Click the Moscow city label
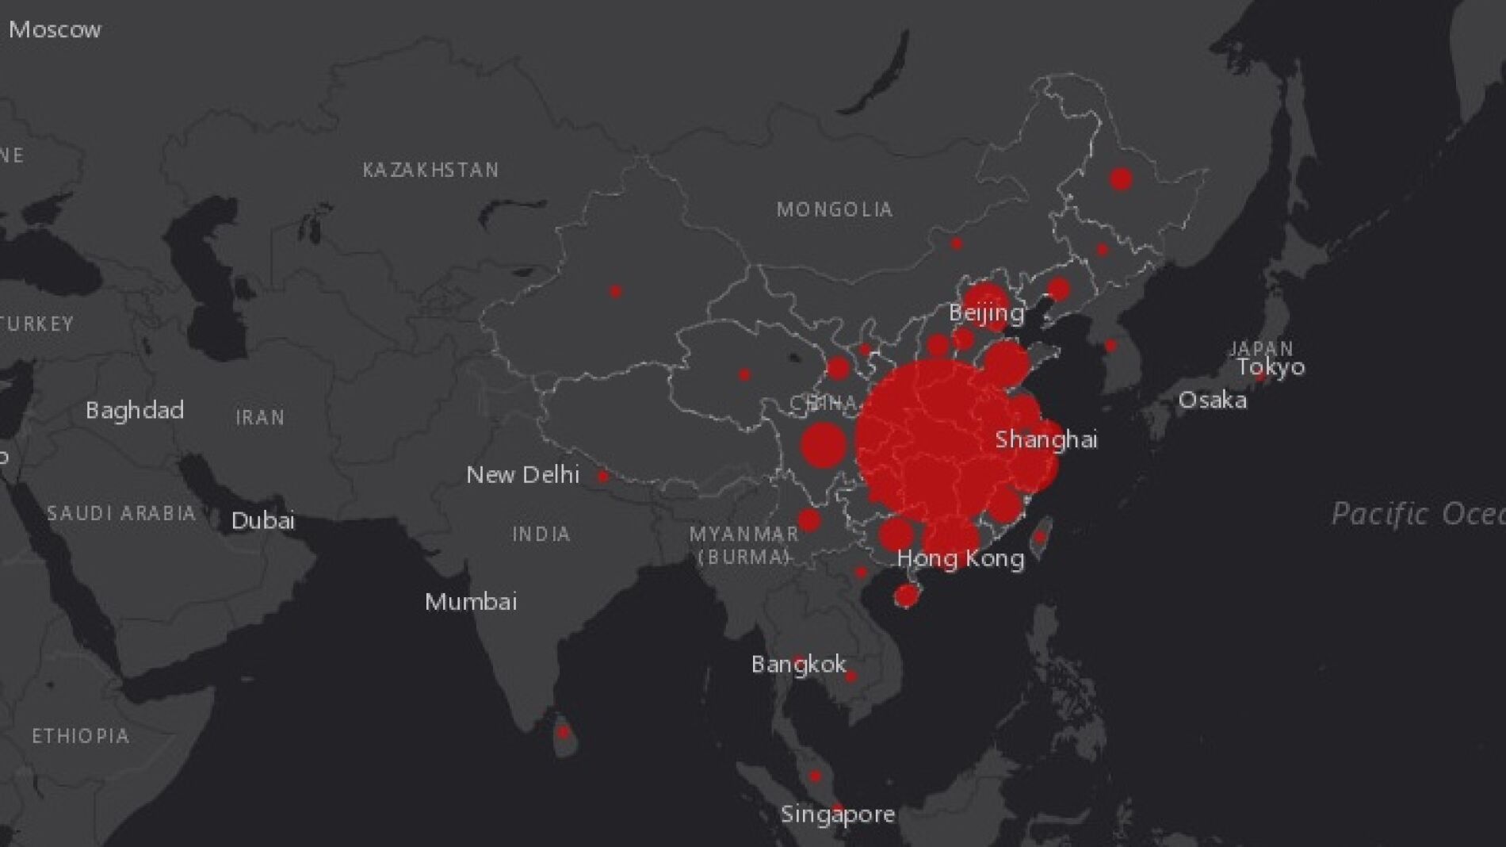pos(55,30)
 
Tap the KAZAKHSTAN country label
pos(430,170)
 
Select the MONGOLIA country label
pos(835,209)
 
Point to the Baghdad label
pos(135,410)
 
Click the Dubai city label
pos(262,520)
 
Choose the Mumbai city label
pos(471,601)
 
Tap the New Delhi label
pos(522,474)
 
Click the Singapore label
pos(838,814)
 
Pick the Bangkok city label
pos(798,664)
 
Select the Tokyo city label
pos(1271,366)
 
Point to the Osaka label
pos(1212,400)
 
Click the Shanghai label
pos(1046,439)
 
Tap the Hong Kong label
pos(961,558)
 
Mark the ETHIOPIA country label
pos(80,736)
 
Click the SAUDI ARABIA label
pos(121,513)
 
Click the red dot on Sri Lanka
pos(563,732)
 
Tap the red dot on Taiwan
pos(1040,537)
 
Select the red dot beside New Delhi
pos(602,477)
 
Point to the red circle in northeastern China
pos(1120,179)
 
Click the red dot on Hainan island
pos(906,595)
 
